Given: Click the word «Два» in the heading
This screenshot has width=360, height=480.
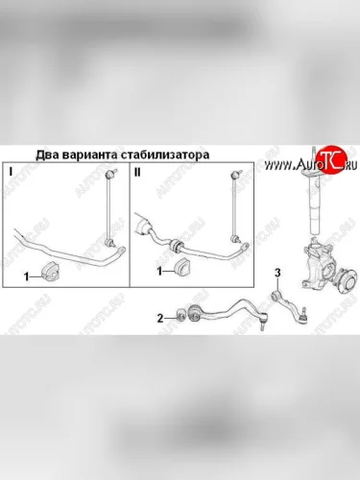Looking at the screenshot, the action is coord(46,155).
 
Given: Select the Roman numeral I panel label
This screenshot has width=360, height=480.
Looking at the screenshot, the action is coord(11,172).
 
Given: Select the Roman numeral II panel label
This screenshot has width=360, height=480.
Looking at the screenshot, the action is coord(137,172).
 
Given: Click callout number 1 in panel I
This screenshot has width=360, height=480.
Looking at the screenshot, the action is coord(27,276).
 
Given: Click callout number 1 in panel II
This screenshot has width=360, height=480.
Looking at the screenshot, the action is coord(159,271).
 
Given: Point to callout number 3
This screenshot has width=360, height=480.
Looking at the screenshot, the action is coord(277,273).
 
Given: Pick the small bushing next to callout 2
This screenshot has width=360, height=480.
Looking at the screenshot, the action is coord(180,315).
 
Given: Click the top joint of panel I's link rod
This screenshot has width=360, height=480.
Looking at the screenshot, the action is coord(110,175).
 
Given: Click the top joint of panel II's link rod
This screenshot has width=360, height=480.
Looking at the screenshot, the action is coord(236,175).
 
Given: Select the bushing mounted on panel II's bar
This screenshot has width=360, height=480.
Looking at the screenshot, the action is coord(176,247).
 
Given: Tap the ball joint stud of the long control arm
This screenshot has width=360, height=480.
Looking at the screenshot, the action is coord(263,322).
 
